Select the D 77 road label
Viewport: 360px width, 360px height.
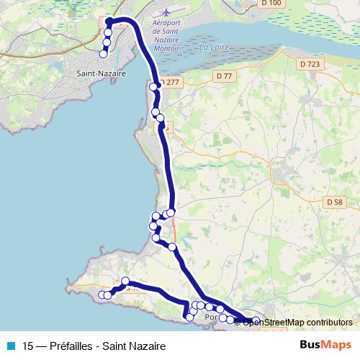coord(224,75)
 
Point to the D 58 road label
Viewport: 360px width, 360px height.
coord(333,202)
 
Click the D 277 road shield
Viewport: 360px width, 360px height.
coord(169,83)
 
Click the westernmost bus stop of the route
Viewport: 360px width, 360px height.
coord(102,295)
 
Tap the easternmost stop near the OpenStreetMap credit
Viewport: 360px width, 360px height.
coord(256,320)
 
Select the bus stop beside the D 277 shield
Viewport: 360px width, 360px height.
coord(153,87)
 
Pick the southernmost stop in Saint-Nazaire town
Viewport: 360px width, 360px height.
coord(103,54)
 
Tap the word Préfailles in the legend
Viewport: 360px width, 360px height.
coord(71,345)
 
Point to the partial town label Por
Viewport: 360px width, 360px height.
coord(211,317)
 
